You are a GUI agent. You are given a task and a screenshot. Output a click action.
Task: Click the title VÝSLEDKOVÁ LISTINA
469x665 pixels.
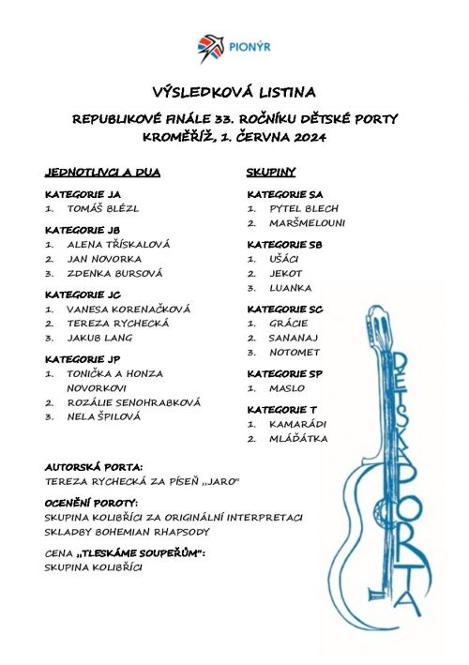tap(234, 92)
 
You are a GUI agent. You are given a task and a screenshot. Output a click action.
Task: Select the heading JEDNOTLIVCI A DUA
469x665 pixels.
tap(102, 173)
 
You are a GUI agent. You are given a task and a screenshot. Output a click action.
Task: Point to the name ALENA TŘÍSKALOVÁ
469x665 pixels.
tap(118, 244)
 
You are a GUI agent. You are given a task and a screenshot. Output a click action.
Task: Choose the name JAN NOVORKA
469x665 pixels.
tap(104, 258)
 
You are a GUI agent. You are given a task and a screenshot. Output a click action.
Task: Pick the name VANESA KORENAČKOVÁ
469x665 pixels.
tap(129, 309)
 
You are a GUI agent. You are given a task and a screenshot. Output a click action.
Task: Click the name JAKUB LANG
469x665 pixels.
tap(99, 338)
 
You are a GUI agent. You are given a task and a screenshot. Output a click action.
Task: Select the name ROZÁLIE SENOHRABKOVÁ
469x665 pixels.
tap(133, 402)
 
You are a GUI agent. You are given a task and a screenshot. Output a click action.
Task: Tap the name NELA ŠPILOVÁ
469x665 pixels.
tap(103, 416)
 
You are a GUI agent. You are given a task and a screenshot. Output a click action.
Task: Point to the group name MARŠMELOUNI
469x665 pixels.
tap(307, 223)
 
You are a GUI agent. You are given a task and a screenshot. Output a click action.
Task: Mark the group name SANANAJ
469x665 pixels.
tap(294, 338)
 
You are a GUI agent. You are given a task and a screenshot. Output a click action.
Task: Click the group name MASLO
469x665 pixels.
tap(286, 388)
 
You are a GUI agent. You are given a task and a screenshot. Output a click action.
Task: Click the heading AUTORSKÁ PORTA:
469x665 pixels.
tap(94, 467)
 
